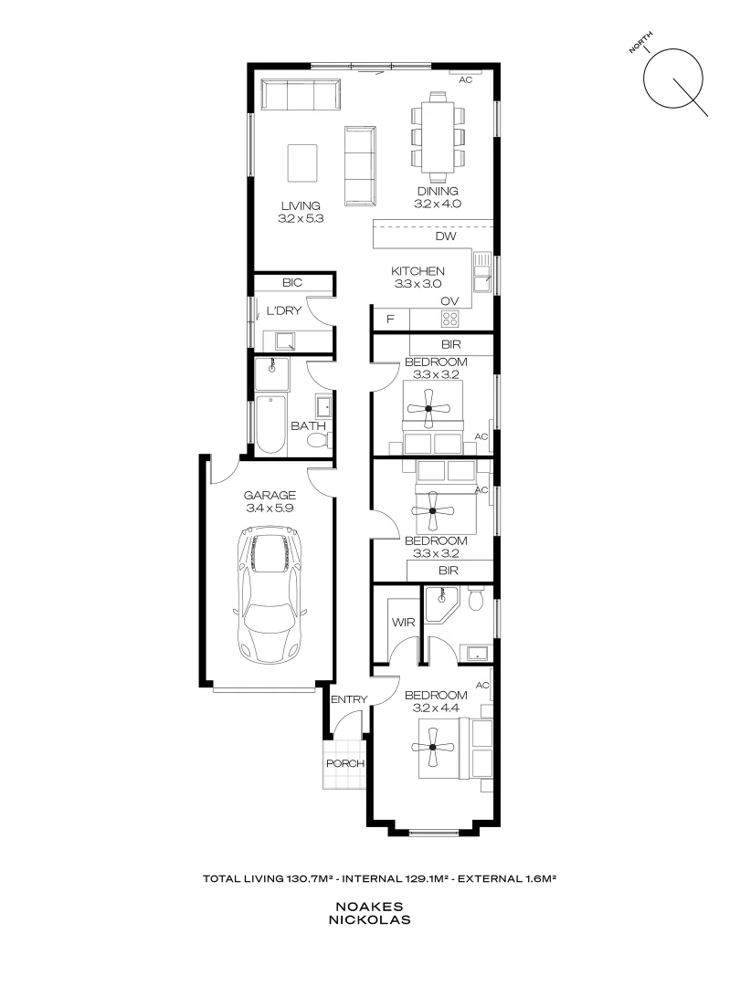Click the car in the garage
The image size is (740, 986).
pos(268,597)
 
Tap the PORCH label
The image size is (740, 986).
pos(346,763)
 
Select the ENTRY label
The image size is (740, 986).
pos(349,700)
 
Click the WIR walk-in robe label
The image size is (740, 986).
pos(403,621)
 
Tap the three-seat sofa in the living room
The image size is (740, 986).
pos(300,95)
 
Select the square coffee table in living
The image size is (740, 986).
pos(302,163)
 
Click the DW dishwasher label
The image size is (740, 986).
pos(445,236)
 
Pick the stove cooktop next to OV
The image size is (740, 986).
pos(450,319)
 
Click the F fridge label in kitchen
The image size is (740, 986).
pos(390,319)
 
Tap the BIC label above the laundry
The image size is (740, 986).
pos(292,283)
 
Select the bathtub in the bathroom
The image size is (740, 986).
pos(272,425)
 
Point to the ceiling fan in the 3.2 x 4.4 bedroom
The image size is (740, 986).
pos(433,747)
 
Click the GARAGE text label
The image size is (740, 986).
pos(268,495)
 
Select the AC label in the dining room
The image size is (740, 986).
pos(465,79)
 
